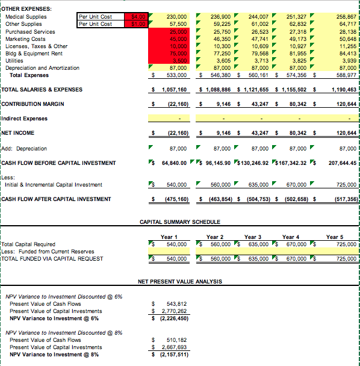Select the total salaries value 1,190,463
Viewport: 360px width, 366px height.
pyautogui.click(x=344, y=90)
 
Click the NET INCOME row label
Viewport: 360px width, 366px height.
pyautogui.click(x=18, y=132)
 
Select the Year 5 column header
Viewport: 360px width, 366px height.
pyautogui.click(x=336, y=237)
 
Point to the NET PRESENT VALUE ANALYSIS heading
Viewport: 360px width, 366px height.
pyautogui.click(x=179, y=281)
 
